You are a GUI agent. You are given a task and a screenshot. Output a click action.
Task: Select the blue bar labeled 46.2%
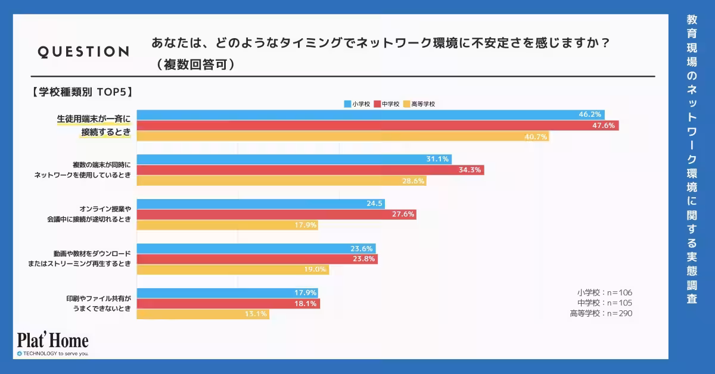point(369,114)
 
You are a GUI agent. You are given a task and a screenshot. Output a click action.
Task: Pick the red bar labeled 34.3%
point(310,170)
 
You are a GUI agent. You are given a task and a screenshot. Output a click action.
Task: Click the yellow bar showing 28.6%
point(280,180)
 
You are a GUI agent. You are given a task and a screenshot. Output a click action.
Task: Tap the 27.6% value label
point(403,214)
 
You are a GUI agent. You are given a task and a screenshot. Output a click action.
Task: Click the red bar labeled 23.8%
point(256,259)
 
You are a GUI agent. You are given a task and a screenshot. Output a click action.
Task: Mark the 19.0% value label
point(315,269)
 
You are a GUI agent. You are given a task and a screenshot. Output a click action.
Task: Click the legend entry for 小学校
point(357,104)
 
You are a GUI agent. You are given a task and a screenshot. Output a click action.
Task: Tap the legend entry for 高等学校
point(419,104)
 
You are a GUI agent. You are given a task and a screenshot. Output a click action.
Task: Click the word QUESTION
point(83,52)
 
